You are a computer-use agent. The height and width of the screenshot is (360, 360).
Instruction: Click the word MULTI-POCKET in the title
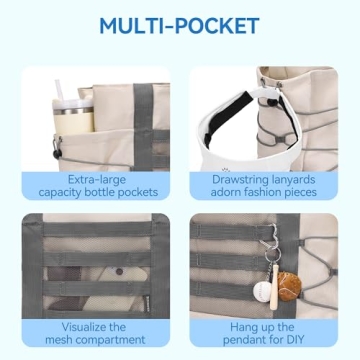click(179, 26)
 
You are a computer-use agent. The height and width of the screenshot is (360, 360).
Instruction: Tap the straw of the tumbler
click(60, 90)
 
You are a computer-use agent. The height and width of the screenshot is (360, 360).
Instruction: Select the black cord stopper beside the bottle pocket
click(57, 154)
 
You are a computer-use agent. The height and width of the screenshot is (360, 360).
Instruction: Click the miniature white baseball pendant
click(262, 292)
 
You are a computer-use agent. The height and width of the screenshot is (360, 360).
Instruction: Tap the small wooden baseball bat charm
click(275, 287)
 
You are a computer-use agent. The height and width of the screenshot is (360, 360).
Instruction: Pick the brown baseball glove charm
click(289, 286)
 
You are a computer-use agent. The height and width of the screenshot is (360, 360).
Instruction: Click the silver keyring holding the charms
click(273, 255)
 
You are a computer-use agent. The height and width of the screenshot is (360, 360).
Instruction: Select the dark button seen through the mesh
click(119, 271)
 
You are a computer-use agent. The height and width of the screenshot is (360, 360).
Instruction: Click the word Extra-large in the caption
click(97, 180)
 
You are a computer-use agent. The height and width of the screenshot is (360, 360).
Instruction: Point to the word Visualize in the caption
click(86, 326)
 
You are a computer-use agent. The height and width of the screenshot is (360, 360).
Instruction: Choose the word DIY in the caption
click(295, 340)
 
